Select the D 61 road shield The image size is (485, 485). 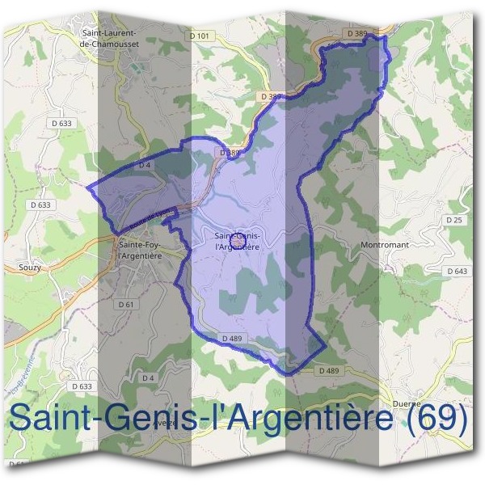[125, 304]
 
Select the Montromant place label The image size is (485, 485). [386, 243]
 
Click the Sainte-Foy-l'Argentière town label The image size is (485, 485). [140, 249]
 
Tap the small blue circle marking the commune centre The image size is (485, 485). [238, 241]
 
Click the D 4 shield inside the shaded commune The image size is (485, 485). [145, 165]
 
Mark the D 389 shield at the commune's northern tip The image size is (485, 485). [356, 32]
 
